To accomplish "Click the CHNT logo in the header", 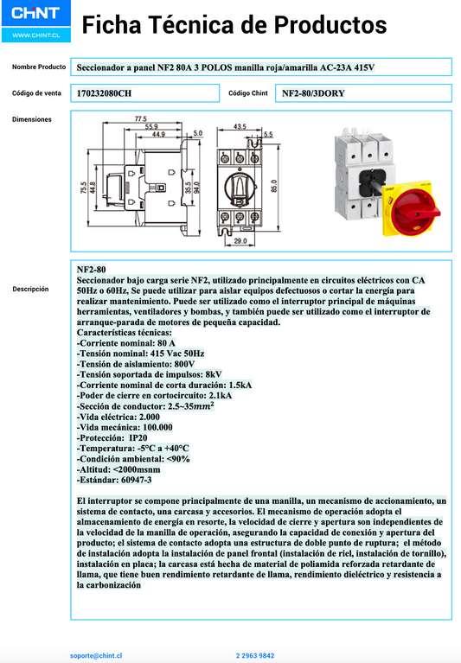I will (x=35, y=15).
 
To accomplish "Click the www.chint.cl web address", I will (x=35, y=35).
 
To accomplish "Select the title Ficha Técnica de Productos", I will (x=234, y=26).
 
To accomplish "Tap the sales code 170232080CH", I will (x=105, y=92).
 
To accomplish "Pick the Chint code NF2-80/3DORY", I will (x=313, y=92).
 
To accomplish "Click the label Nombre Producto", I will (x=39, y=67).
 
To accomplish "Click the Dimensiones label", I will (x=32, y=119).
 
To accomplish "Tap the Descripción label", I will (x=30, y=290).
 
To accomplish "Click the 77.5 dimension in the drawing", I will (x=140, y=118).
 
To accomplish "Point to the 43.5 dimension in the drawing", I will (x=240, y=126).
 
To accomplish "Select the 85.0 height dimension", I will (x=273, y=186).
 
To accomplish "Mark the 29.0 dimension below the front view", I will (x=240, y=242).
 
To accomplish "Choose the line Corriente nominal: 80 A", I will (x=125, y=343).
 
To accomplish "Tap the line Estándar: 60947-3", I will (x=114, y=479).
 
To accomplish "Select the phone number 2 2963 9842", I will (x=255, y=656).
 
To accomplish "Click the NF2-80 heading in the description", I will (x=91, y=271).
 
